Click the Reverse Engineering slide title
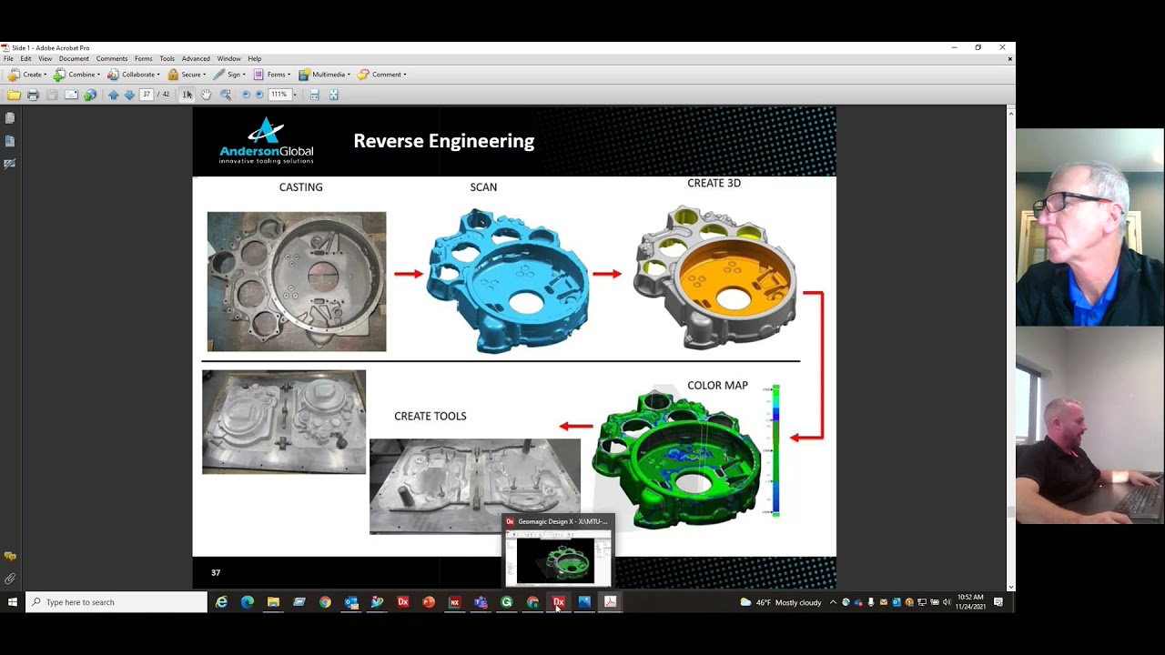(x=443, y=141)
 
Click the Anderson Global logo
(x=266, y=141)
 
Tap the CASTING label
(x=300, y=187)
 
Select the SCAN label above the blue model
(x=483, y=187)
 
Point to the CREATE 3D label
(x=714, y=183)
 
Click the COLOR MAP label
(x=717, y=386)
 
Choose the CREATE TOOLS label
(x=430, y=416)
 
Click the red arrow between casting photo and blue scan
(x=408, y=273)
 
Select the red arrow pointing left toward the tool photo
(x=575, y=426)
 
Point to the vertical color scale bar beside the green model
(x=775, y=450)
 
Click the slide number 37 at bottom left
(x=216, y=572)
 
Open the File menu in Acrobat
(x=8, y=59)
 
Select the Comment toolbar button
(x=381, y=75)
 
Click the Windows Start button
(x=13, y=602)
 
